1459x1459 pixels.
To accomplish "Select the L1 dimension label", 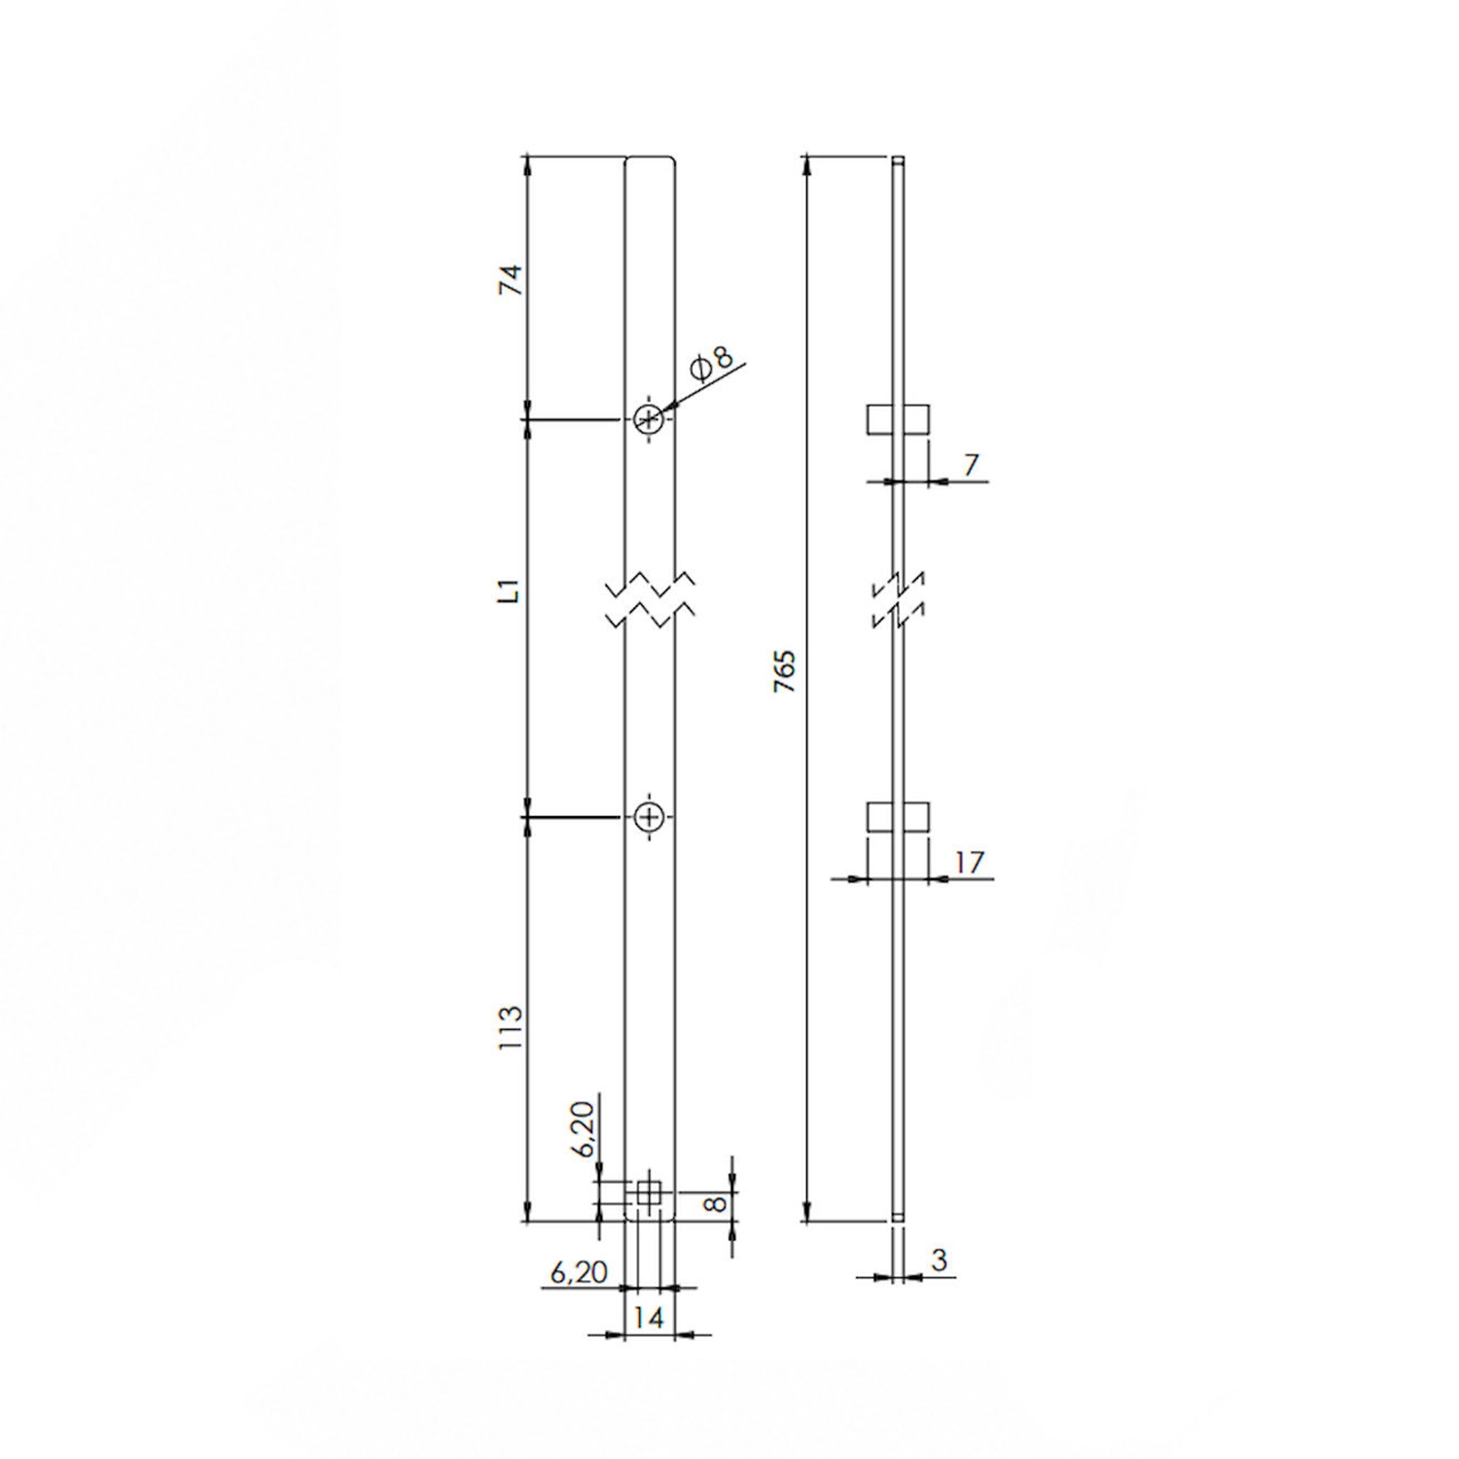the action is click(x=512, y=590).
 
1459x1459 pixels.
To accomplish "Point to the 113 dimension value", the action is click(x=512, y=1025).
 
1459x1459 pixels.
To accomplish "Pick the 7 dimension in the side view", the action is click(x=970, y=465).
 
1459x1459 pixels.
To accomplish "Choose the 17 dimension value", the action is click(x=970, y=862).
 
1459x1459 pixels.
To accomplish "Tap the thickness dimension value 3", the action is click(x=939, y=1260).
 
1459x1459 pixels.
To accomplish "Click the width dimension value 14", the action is click(x=648, y=1318).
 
